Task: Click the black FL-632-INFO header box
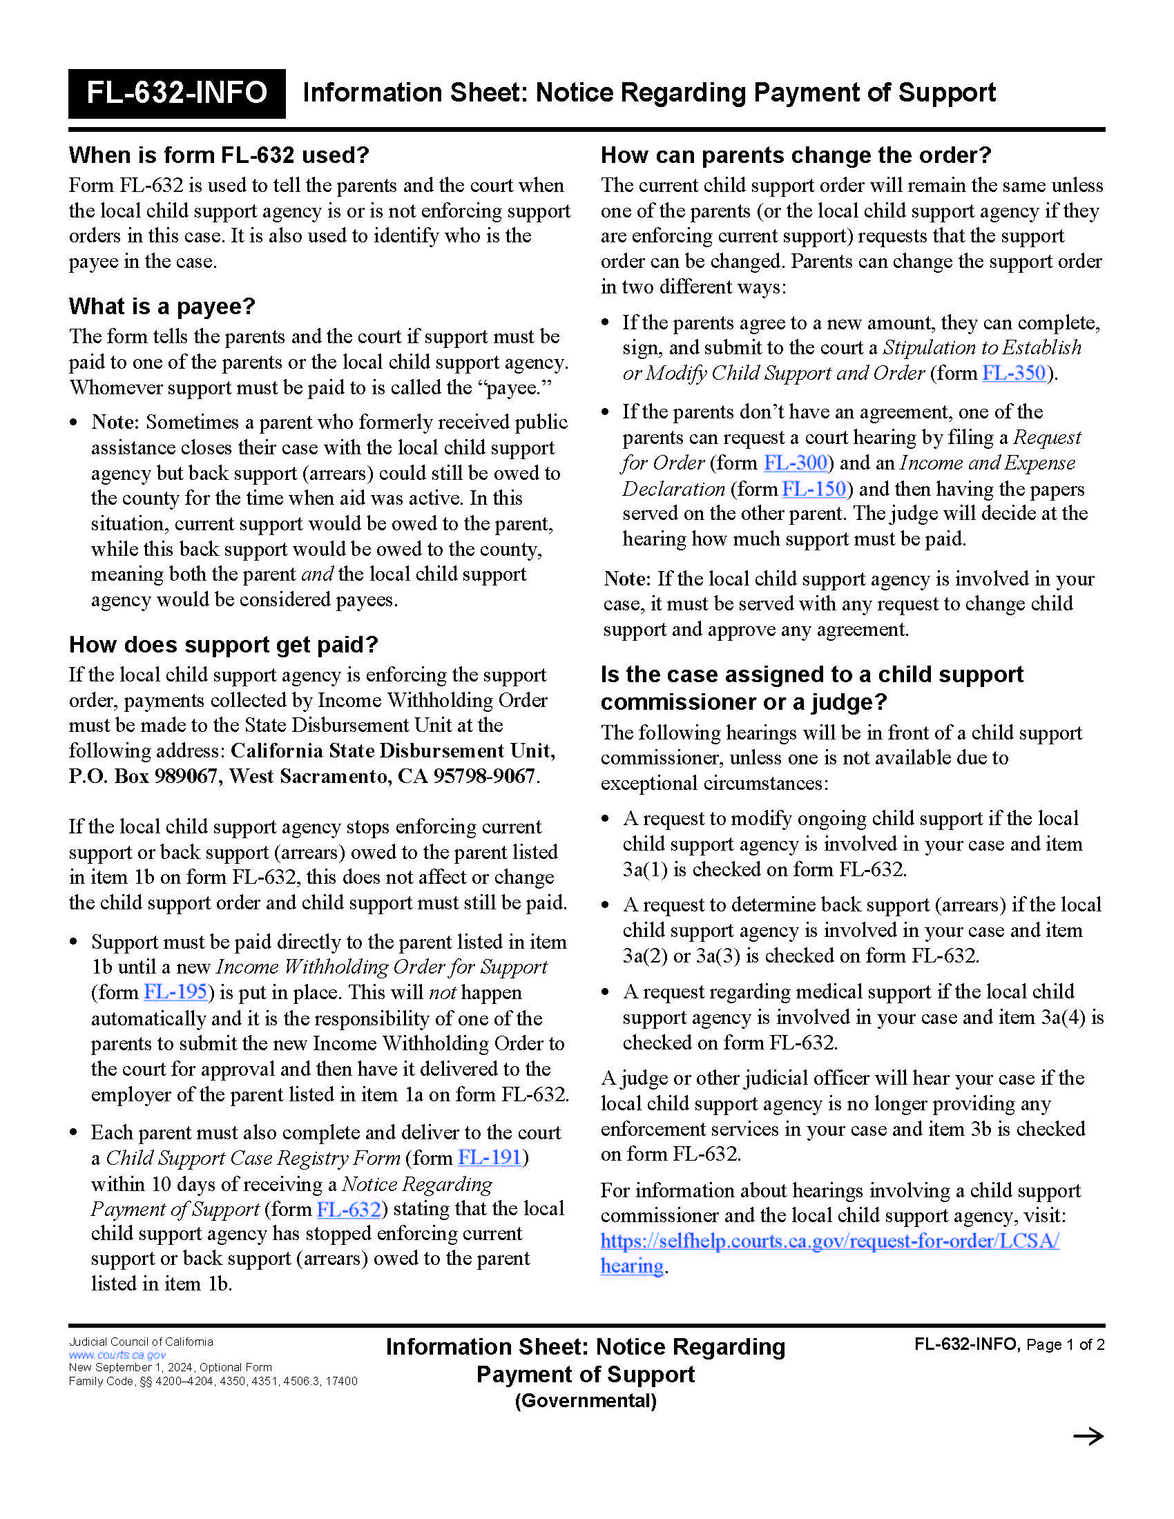(x=177, y=93)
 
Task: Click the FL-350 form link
(x=1013, y=373)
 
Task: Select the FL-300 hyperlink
(x=795, y=463)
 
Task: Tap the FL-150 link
(x=814, y=489)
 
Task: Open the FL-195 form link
(x=175, y=991)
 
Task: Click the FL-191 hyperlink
(x=490, y=1157)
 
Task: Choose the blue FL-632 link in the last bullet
(x=349, y=1209)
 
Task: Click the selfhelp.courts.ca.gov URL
(x=829, y=1241)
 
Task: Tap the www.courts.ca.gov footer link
(x=117, y=1355)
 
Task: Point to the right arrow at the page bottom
(x=1088, y=1436)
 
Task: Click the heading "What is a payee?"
(x=162, y=306)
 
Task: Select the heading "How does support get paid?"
(x=223, y=645)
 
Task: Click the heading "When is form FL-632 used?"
(x=218, y=155)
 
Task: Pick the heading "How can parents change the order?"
(x=796, y=155)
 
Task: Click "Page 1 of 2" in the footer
(x=1065, y=1344)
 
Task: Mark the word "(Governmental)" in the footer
(x=586, y=1401)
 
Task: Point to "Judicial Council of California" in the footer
(x=140, y=1342)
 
